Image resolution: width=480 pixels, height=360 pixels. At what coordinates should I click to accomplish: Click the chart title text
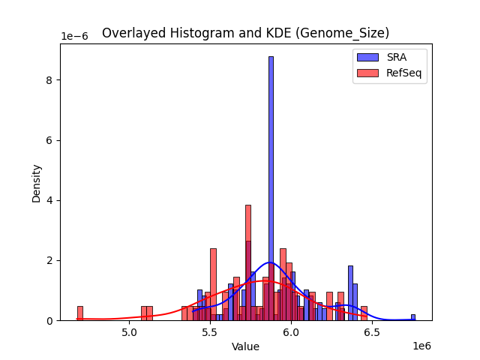coord(245,33)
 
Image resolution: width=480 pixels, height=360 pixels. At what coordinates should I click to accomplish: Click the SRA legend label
coord(396,57)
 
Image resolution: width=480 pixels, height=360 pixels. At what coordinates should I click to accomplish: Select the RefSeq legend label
coord(403,73)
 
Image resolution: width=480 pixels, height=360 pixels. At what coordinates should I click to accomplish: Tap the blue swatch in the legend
coord(367,57)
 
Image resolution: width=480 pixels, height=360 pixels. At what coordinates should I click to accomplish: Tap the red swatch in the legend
coord(367,73)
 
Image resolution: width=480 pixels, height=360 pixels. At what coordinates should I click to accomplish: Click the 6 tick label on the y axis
coord(50,140)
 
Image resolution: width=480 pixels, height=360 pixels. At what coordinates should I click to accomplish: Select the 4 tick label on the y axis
coord(50,200)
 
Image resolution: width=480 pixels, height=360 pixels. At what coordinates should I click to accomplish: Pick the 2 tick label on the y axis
coord(50,260)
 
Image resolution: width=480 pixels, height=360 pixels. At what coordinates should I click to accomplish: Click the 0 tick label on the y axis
coord(50,320)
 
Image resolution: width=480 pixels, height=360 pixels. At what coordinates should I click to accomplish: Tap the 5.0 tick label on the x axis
coord(130,332)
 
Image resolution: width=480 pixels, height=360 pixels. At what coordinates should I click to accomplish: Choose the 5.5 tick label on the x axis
coord(211,332)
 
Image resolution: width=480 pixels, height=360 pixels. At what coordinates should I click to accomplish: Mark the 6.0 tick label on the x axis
coord(292,332)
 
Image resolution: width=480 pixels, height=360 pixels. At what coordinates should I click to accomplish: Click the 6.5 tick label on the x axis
coord(373,332)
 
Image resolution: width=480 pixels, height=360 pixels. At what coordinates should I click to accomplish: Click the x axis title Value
coord(245,346)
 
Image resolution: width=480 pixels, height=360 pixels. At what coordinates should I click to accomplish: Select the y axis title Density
coord(36,182)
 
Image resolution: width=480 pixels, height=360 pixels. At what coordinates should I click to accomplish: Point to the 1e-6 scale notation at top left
coord(74,37)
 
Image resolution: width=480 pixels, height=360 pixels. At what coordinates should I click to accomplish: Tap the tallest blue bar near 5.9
coord(271,187)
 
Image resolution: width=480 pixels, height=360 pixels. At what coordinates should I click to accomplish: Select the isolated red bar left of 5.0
coord(80,313)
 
